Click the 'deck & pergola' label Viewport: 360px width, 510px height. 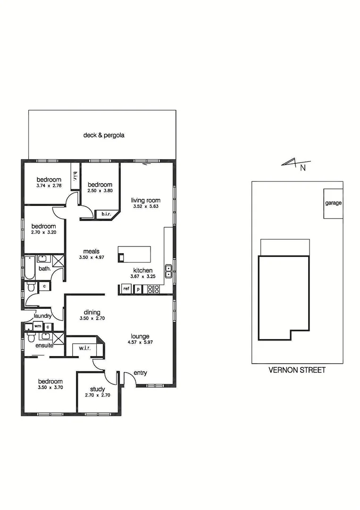[104, 135]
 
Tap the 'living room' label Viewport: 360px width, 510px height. [146, 200]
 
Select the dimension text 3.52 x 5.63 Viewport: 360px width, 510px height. [146, 206]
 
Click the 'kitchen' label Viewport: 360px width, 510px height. [142, 271]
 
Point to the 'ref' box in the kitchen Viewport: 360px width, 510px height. [126, 289]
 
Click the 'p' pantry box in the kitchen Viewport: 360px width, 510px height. [138, 289]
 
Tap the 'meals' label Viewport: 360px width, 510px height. [91, 251]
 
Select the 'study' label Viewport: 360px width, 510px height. [97, 389]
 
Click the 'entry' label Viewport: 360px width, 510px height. [140, 373]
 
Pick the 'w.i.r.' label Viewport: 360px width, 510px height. [85, 348]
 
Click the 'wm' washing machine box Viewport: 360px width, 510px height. [38, 326]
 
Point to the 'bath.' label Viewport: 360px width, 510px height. [44, 269]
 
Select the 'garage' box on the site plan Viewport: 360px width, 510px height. [333, 203]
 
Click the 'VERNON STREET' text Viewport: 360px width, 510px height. [297, 370]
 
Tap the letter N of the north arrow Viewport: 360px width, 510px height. [303, 167]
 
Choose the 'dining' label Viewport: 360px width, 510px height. [92, 312]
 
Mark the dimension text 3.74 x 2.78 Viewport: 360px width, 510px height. [49, 186]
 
